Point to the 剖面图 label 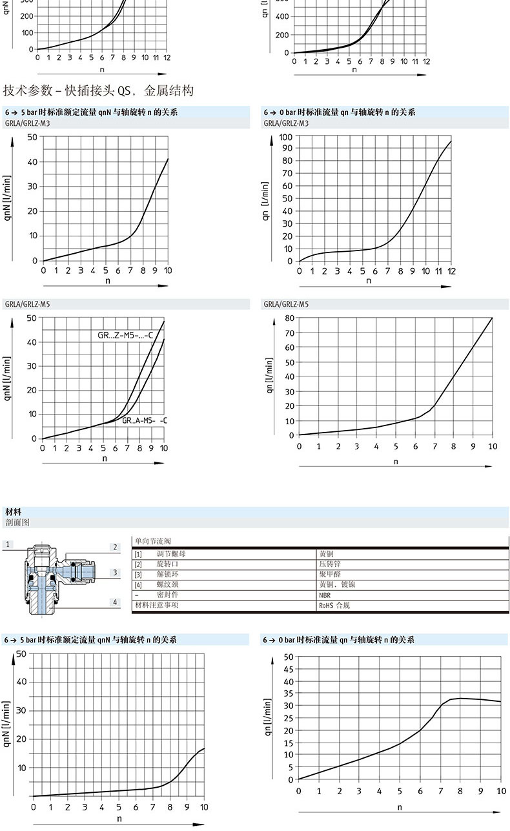(17, 522)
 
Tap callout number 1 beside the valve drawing (8, 545)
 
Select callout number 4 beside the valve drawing (115, 602)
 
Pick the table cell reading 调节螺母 (171, 554)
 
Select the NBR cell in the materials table (325, 595)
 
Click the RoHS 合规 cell (334, 606)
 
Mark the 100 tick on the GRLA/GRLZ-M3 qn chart (285, 137)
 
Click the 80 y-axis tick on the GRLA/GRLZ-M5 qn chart (289, 318)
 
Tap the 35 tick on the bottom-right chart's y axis (289, 693)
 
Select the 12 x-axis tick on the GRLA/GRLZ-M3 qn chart (452, 271)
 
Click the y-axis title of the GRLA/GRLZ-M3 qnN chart (9, 198)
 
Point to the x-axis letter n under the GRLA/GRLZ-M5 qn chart (396, 461)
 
